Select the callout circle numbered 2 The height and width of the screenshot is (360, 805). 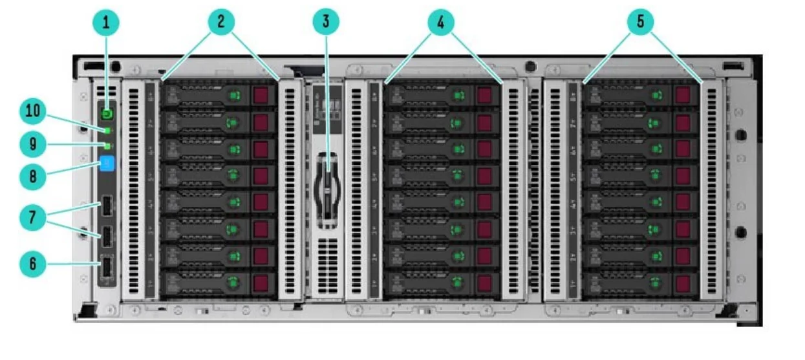click(221, 22)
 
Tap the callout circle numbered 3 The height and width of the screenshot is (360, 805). click(326, 22)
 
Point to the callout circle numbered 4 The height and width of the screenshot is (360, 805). click(441, 22)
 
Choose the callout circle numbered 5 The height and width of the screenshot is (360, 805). click(641, 22)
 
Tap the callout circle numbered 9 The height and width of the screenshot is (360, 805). click(32, 143)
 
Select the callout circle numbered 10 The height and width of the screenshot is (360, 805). click(32, 112)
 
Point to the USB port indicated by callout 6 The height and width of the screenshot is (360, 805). click(107, 266)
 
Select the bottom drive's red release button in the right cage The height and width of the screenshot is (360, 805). click(682, 283)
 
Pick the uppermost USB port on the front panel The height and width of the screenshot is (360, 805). click(107, 208)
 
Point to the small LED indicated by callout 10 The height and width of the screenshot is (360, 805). click(107, 131)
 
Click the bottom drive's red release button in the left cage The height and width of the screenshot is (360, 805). click(261, 283)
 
